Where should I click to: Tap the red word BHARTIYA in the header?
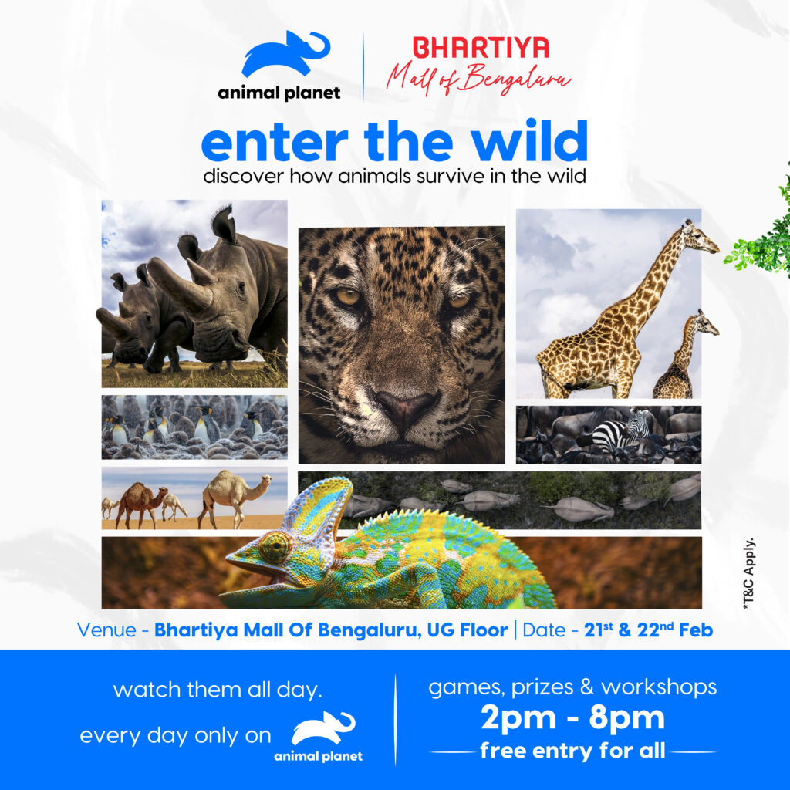click(x=481, y=48)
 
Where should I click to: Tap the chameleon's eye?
click(x=274, y=546)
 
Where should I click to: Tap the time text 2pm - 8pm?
click(x=572, y=718)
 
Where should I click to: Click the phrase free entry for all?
click(x=572, y=751)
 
